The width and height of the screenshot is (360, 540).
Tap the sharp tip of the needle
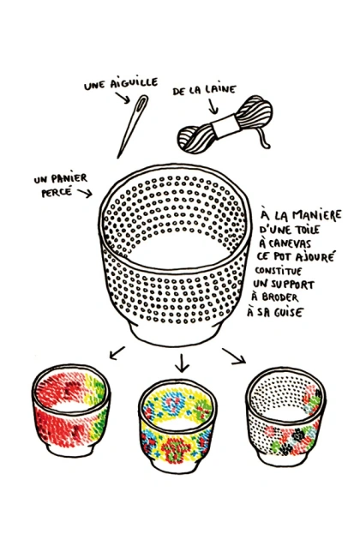tap(118, 158)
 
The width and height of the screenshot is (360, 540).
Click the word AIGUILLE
tap(134, 83)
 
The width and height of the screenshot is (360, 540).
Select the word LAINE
tap(220, 89)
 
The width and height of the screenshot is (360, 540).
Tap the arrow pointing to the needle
tap(123, 98)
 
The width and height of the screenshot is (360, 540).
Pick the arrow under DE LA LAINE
tap(213, 106)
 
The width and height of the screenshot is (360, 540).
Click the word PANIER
tap(70, 179)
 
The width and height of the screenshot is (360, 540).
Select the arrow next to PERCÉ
tap(85, 193)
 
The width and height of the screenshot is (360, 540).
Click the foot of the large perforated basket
tap(177, 333)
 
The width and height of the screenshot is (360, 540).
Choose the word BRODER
tap(279, 297)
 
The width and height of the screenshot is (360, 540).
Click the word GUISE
tap(288, 312)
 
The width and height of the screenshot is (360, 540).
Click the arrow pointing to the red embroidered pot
tap(117, 353)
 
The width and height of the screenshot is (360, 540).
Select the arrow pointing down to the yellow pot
tap(182, 363)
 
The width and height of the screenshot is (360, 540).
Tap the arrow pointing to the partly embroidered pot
tap(234, 356)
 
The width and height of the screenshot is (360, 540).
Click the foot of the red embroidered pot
tap(70, 450)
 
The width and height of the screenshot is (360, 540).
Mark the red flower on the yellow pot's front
tap(176, 448)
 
